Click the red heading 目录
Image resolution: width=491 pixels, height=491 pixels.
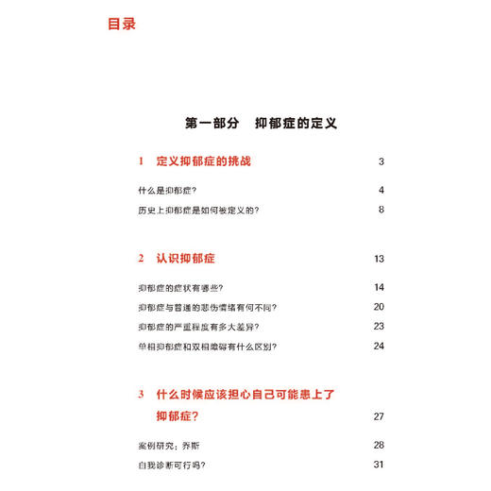[122, 24]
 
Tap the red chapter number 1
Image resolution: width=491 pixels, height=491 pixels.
[140, 161]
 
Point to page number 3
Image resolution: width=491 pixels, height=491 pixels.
[381, 161]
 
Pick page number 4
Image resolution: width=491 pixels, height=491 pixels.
[381, 191]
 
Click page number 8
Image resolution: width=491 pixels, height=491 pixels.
[381, 210]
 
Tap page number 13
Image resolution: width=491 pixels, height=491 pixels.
[380, 258]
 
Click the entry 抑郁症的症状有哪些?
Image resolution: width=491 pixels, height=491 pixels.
[183, 287]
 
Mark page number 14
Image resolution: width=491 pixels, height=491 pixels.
[380, 287]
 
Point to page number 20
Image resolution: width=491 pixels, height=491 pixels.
[380, 307]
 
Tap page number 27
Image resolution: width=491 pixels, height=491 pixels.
[380, 415]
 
